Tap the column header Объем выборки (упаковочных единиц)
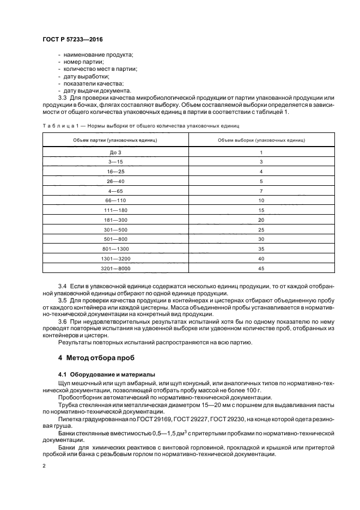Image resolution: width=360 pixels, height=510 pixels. [261, 140]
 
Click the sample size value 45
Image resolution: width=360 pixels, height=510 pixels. [261, 269]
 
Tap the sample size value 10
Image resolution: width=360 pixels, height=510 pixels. [261, 201]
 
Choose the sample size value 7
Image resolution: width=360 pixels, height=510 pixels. [261, 191]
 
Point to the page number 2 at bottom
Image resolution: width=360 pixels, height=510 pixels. [44, 466]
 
